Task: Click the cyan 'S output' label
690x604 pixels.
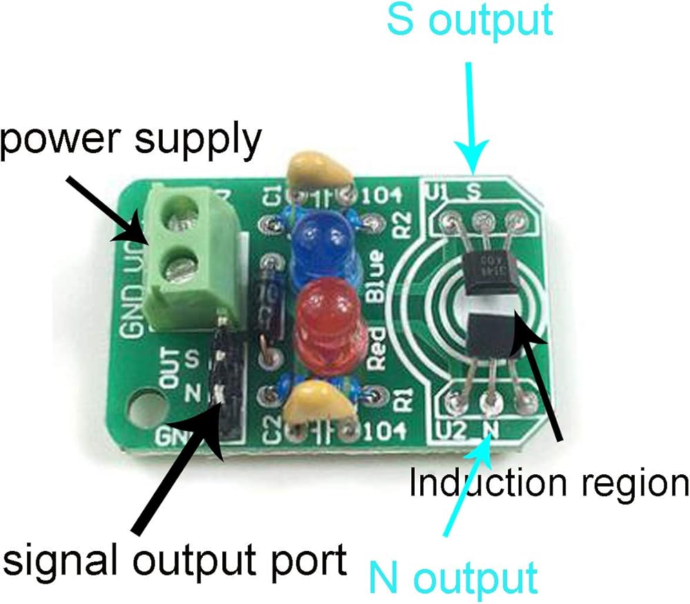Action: click(x=470, y=21)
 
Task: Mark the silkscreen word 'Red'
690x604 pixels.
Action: click(x=378, y=351)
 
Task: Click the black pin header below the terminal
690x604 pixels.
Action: click(x=224, y=373)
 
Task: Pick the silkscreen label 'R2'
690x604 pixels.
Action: click(x=402, y=225)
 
